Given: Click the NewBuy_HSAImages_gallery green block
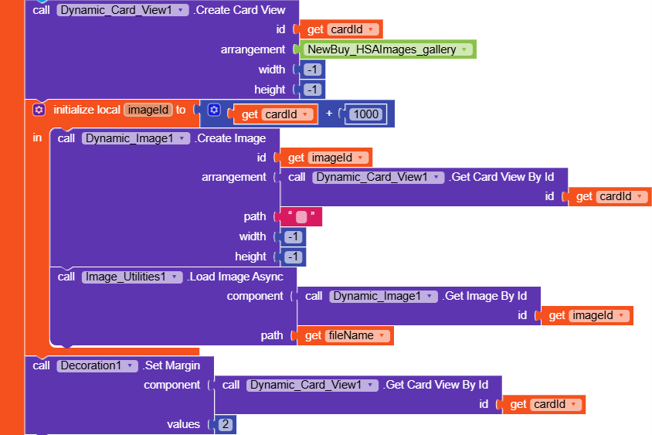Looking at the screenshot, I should (387, 49).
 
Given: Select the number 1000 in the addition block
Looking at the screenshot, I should (365, 114).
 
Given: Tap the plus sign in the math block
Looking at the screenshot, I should (329, 114).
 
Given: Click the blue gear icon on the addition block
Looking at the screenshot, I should (214, 110).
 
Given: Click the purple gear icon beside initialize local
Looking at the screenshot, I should (39, 110).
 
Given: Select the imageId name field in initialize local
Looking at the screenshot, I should (148, 110).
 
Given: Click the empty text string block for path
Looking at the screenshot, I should (301, 217).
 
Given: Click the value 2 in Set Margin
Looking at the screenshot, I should (225, 424).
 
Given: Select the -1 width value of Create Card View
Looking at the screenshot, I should (312, 70).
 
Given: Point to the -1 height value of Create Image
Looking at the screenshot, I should (293, 257).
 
